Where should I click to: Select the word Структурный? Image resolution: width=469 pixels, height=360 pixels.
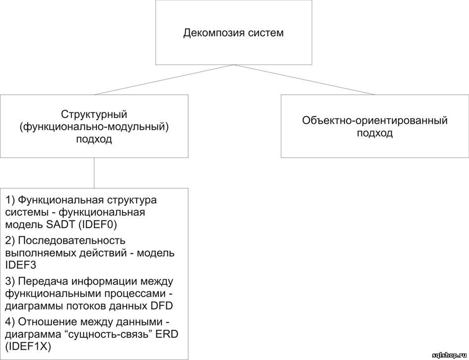coord(94,115)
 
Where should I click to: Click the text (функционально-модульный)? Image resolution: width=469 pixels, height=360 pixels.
coord(94,127)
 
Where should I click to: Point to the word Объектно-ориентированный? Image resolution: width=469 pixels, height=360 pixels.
coord(375,121)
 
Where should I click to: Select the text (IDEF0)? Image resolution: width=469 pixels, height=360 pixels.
coord(97,225)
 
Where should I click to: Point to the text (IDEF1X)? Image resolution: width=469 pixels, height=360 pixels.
coord(28,347)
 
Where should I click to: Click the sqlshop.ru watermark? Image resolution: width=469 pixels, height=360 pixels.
coord(450,355)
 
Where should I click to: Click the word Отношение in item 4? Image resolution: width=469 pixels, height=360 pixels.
coord(49,322)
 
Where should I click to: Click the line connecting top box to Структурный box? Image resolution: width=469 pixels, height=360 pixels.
coord(164,79)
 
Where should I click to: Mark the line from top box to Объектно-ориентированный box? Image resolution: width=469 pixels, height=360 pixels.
coord(305,79)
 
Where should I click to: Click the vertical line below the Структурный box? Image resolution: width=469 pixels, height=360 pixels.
coord(94,173)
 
